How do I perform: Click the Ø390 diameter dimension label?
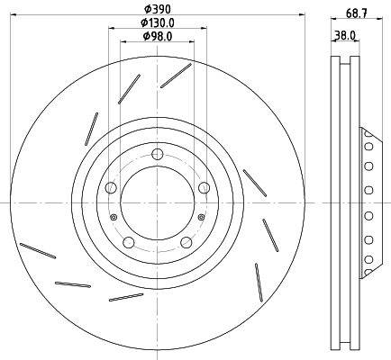[158, 9]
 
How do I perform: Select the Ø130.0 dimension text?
[158, 22]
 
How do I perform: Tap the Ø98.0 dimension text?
[158, 36]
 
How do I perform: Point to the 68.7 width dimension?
[357, 13]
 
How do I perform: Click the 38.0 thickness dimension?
[345, 36]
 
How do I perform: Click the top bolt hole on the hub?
[158, 154]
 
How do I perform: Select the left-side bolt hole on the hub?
[111, 188]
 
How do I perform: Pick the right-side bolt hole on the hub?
[205, 188]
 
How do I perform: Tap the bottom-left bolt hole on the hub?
[129, 242]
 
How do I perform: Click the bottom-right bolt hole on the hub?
[186, 242]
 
